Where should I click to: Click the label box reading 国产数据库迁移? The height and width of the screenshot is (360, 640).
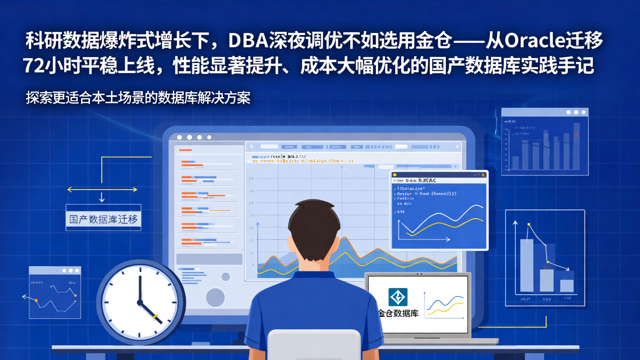(104, 219)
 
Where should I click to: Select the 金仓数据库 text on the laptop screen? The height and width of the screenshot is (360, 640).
(398, 313)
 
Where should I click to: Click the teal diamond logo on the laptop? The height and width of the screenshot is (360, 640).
(398, 297)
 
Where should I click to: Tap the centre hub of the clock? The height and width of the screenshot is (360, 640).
(140, 302)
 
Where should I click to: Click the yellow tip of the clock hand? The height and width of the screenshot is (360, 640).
(156, 317)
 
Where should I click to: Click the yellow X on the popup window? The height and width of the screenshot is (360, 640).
(483, 175)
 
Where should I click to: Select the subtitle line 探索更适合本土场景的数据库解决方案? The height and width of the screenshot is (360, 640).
(138, 98)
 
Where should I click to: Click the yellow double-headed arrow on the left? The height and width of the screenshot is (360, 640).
(102, 189)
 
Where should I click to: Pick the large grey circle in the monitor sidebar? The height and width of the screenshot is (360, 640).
(216, 297)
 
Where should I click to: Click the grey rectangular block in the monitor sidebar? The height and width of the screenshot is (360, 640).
(209, 259)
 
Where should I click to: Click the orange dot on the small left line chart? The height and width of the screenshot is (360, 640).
(36, 301)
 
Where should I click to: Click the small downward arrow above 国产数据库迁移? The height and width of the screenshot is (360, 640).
(102, 197)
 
